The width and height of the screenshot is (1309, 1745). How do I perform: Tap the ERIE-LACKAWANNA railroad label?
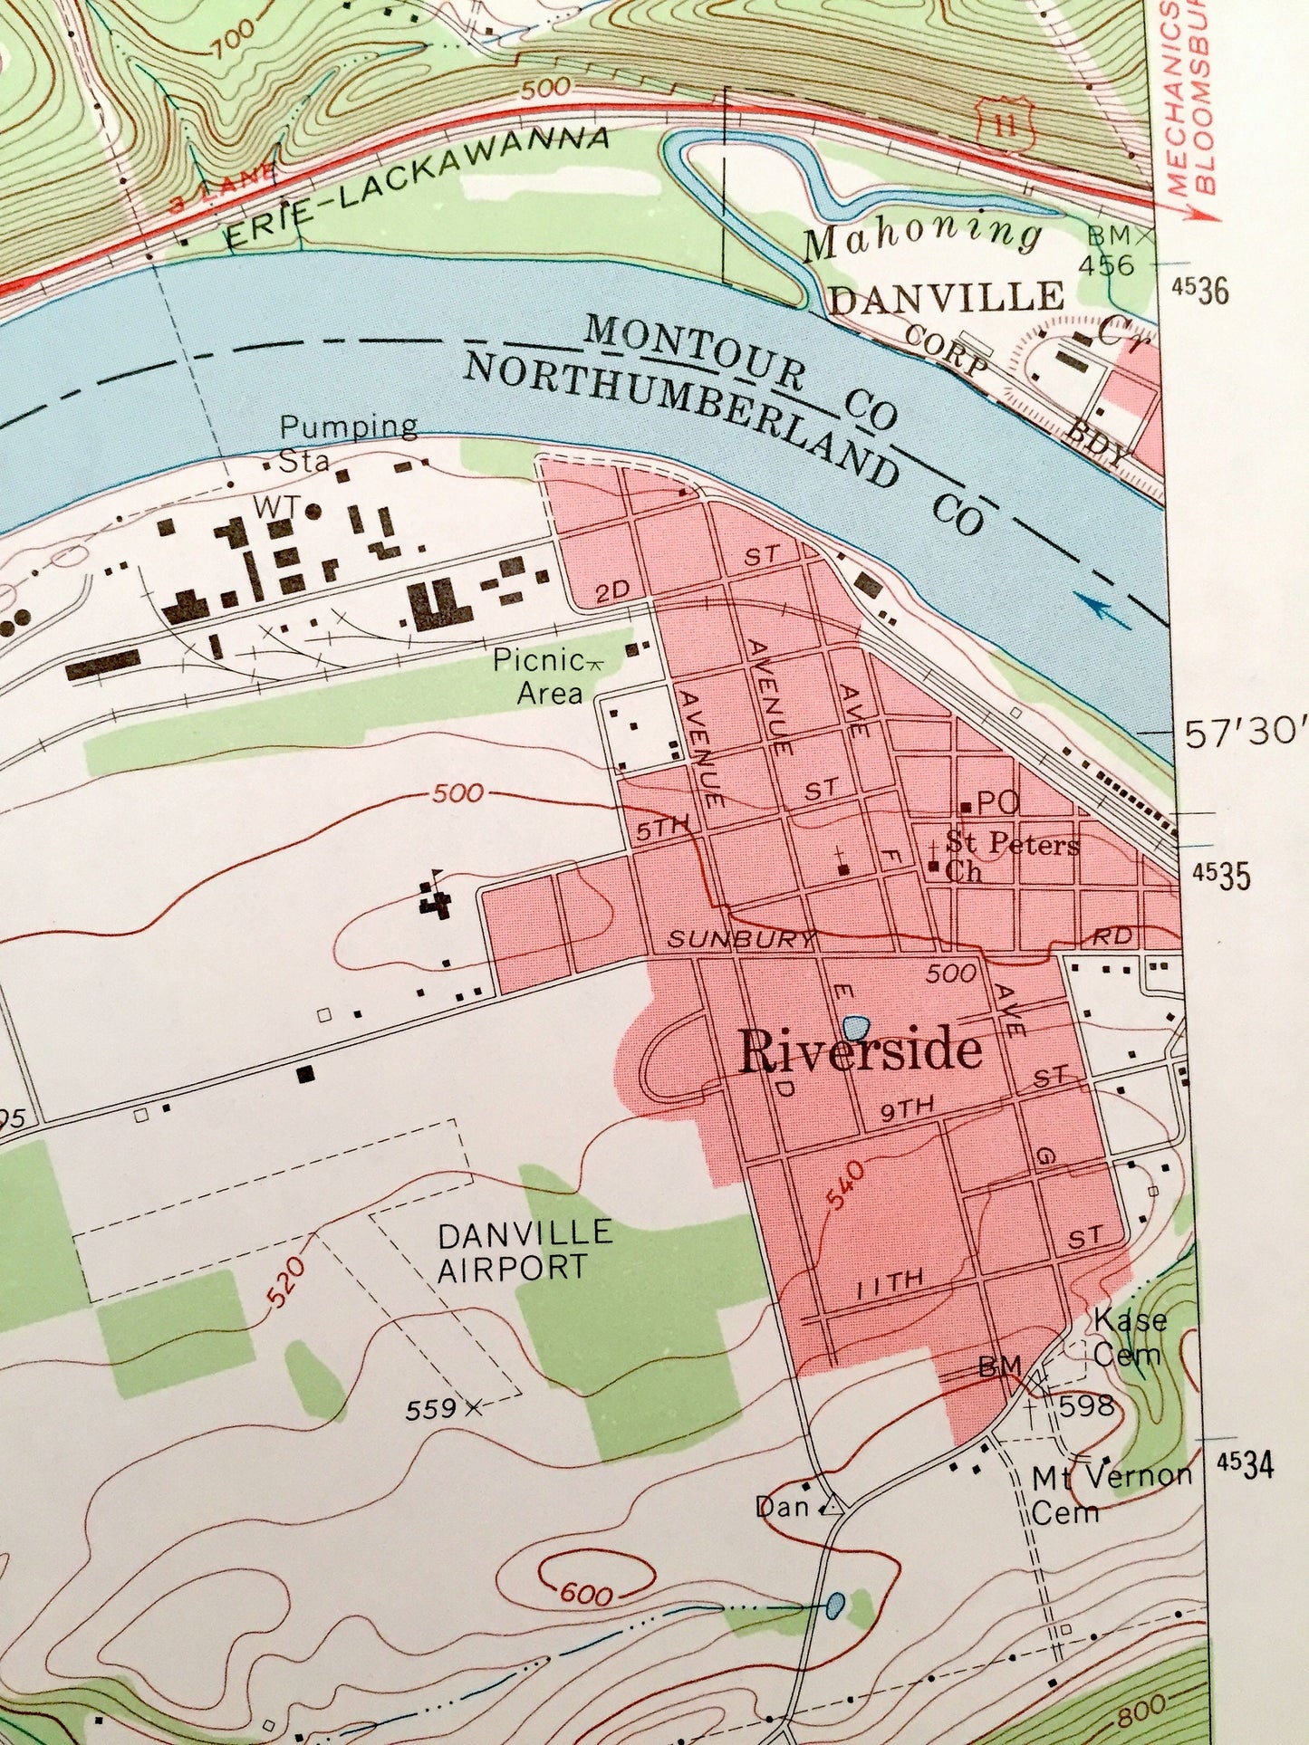tap(416, 186)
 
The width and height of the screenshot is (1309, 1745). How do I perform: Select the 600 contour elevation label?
tap(586, 1593)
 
